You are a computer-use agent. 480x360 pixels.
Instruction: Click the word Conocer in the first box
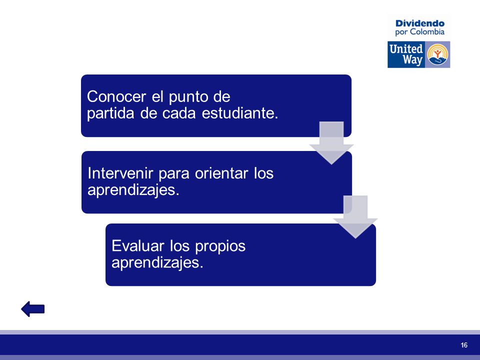click(116, 96)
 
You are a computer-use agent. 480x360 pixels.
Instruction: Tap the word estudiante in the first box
click(240, 113)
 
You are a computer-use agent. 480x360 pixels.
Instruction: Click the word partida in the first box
click(110, 114)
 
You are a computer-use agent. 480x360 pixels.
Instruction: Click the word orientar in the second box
click(221, 173)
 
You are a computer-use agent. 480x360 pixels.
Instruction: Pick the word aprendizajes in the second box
click(133, 190)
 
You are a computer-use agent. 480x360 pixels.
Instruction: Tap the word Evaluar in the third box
click(138, 246)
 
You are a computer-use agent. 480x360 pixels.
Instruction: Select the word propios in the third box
click(220, 246)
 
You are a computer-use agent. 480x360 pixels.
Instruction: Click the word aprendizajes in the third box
click(157, 263)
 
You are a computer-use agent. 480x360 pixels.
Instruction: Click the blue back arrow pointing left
click(33, 309)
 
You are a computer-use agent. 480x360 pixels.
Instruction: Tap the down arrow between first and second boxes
click(331, 143)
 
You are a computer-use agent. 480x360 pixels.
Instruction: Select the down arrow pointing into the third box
click(355, 216)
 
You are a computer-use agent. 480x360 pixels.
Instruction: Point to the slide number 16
click(464, 345)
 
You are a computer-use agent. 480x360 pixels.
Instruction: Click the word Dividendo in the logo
click(419, 23)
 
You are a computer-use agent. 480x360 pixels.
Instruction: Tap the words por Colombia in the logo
click(419, 32)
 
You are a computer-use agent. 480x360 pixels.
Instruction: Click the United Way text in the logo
click(406, 54)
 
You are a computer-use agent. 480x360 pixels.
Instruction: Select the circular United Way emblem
click(438, 54)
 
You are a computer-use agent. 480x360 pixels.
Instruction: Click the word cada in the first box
click(179, 113)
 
